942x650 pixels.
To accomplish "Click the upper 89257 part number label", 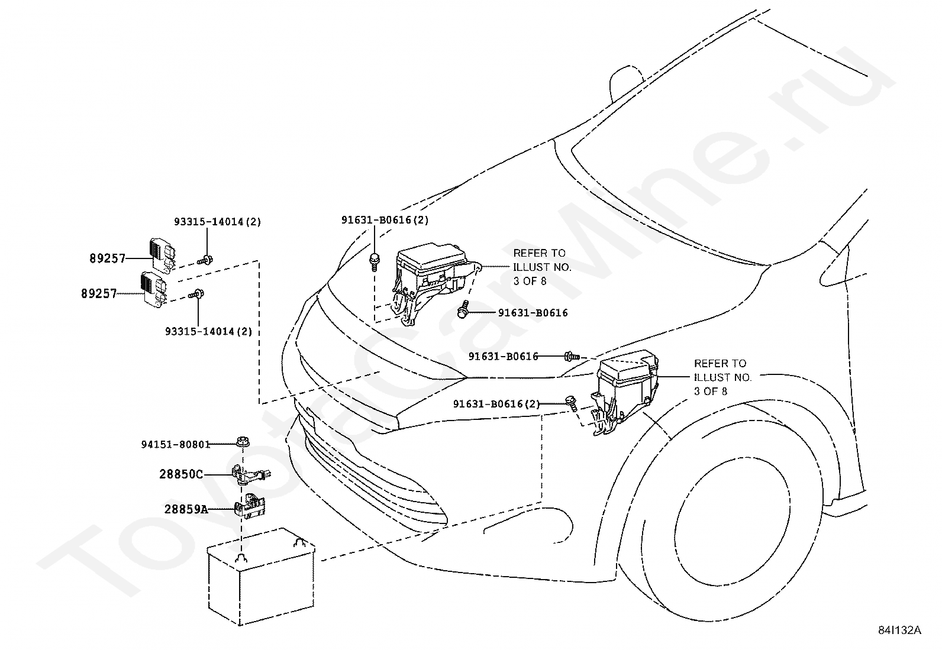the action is [108, 258].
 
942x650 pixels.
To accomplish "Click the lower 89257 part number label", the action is [99, 293].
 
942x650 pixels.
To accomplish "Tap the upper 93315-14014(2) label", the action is [217, 222].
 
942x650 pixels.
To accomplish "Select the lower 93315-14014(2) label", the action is [209, 331].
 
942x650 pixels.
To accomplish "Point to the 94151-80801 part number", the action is [176, 444].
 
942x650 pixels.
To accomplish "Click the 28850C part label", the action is [181, 474].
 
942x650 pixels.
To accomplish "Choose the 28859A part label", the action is [186, 509].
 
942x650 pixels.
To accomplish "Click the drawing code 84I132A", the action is [899, 630].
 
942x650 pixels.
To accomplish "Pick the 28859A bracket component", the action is [249, 506].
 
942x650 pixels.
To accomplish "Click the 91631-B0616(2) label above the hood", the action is [385, 220].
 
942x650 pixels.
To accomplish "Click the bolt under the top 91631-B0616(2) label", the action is [375, 262].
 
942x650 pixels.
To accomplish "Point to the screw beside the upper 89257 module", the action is [205, 260].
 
